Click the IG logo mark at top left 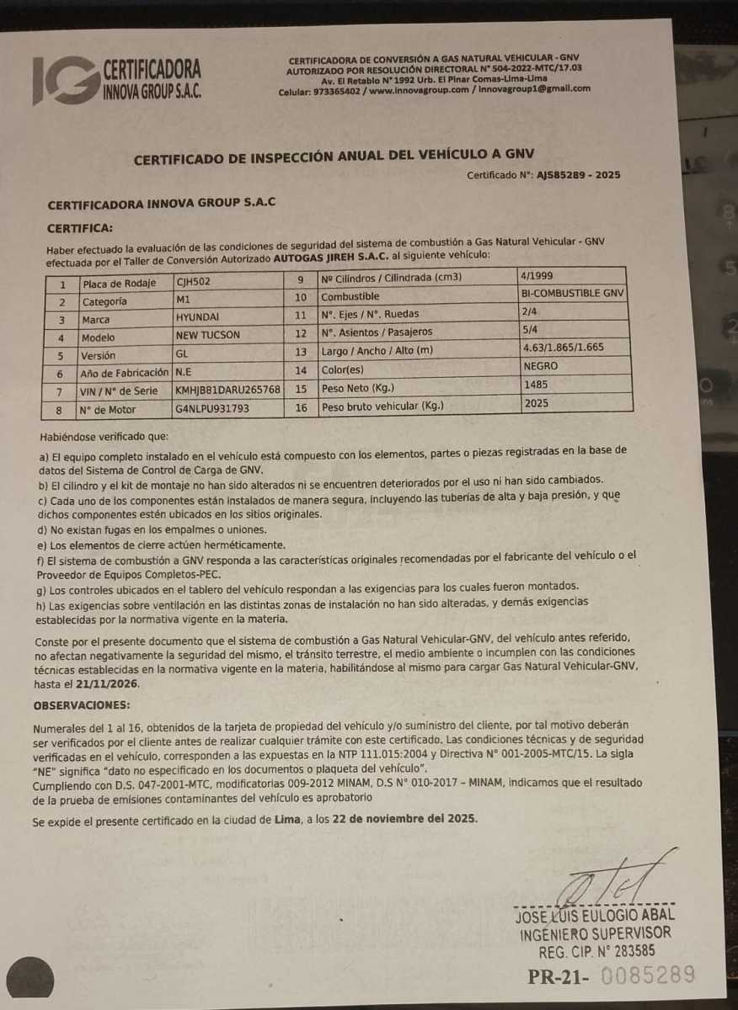(x=62, y=80)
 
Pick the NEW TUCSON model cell (x=208, y=335)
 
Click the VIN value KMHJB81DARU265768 (x=227, y=391)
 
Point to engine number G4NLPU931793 (x=212, y=409)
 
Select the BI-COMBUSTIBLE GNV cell (x=574, y=293)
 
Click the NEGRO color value (x=541, y=367)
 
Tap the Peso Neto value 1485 (x=536, y=385)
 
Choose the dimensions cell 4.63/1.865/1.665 (x=564, y=347)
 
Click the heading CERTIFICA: (x=79, y=227)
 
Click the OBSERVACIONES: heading (x=82, y=704)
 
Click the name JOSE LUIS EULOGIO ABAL (x=594, y=916)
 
